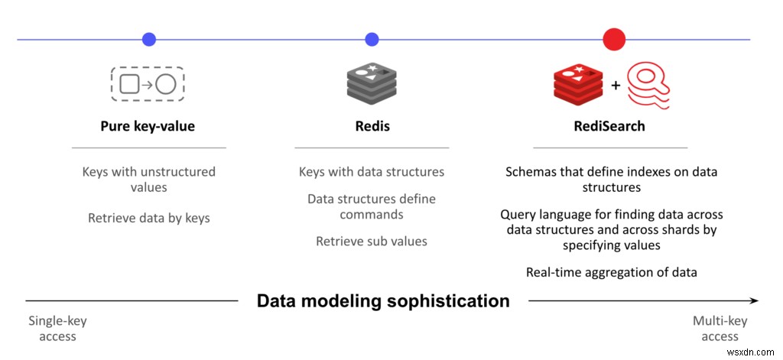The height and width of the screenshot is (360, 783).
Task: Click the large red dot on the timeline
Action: tap(614, 39)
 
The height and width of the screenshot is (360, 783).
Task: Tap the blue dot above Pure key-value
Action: tap(149, 39)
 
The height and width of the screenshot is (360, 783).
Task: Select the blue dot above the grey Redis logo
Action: tap(372, 39)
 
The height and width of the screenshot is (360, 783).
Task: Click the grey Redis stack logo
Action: tap(372, 83)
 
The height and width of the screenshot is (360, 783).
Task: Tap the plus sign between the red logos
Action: tap(615, 86)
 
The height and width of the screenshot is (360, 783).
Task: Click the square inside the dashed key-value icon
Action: tap(129, 84)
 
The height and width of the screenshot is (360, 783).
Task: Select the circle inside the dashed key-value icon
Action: tap(166, 84)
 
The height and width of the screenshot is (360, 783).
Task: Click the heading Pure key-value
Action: tap(148, 126)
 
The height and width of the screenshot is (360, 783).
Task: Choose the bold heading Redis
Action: tap(372, 126)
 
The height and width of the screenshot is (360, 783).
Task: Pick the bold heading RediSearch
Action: tap(609, 126)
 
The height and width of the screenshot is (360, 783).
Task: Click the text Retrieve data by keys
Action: tap(148, 218)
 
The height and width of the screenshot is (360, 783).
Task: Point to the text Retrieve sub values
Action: tap(372, 242)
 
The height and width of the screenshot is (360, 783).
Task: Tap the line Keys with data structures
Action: tap(372, 172)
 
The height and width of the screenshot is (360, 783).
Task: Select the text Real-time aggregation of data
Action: tap(611, 272)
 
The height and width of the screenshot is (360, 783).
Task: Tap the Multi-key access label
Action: tap(720, 329)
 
